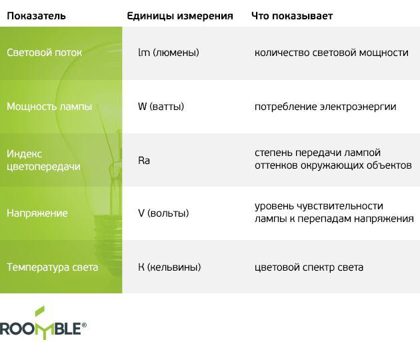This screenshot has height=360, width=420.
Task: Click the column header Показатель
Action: click(36, 16)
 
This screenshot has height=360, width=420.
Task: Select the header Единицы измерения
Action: click(180, 17)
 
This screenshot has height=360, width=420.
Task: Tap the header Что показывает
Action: click(292, 17)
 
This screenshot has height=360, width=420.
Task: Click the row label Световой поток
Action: click(44, 53)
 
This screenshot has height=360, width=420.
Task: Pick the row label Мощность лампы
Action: click(49, 107)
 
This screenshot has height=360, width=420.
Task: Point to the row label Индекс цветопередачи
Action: click(43, 160)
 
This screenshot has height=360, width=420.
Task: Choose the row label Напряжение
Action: click(37, 213)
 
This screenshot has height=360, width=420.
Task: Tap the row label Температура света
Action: click(52, 267)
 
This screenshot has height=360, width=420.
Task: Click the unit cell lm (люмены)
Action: click(169, 53)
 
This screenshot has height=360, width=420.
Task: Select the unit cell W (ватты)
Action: click(161, 107)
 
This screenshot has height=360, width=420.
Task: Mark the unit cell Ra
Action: click(144, 161)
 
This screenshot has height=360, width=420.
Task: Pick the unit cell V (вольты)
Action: click(163, 213)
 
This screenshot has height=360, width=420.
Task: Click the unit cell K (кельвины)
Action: click(169, 267)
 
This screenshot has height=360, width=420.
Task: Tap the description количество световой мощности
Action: click(331, 53)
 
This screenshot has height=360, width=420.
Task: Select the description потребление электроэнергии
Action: click(325, 107)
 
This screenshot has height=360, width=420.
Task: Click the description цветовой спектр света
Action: click(309, 267)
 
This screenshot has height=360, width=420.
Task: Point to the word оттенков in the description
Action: click(276, 165)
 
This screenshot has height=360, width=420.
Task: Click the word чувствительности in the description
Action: click(334, 206)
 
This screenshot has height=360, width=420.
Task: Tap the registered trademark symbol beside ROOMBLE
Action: click(84, 325)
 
